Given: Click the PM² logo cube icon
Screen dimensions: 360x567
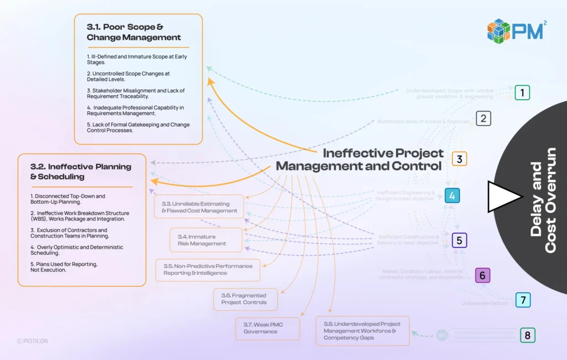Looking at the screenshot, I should pyautogui.click(x=498, y=31).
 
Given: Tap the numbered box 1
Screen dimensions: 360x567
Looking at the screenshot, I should pyautogui.click(x=522, y=92).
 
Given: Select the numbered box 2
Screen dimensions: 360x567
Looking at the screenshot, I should pyautogui.click(x=483, y=119).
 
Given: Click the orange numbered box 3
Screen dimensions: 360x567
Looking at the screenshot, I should pyautogui.click(x=459, y=159).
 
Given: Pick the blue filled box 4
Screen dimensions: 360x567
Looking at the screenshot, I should pyautogui.click(x=452, y=196).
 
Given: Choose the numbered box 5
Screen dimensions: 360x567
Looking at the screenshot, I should pyautogui.click(x=459, y=240).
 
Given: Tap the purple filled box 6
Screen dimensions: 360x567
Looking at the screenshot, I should pyautogui.click(x=482, y=275).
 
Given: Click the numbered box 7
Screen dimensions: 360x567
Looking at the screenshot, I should pyautogui.click(x=522, y=300).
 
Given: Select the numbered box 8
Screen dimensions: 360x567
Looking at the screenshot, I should pyautogui.click(x=527, y=335).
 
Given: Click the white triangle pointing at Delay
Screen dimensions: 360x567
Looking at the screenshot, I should pyautogui.click(x=503, y=197).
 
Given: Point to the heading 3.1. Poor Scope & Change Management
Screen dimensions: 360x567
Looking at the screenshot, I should pyautogui.click(x=134, y=32).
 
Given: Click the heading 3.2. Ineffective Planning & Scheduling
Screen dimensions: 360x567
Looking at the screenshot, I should pyautogui.click(x=81, y=171).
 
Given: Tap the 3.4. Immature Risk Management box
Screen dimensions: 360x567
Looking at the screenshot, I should pyautogui.click(x=205, y=240).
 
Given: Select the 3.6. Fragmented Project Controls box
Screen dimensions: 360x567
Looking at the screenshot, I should pyautogui.click(x=245, y=299).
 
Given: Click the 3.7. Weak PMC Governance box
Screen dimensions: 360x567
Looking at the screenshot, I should pyautogui.click(x=267, y=328).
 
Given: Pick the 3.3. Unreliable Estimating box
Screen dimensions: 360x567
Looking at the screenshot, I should pyautogui.click(x=199, y=207).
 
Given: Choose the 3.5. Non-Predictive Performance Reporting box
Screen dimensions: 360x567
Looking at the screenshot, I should pyautogui.click(x=208, y=270).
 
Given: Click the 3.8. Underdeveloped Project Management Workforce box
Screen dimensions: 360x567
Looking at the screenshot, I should pyautogui.click(x=362, y=331).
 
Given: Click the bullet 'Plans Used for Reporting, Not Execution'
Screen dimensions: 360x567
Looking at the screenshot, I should pyautogui.click(x=64, y=267).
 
